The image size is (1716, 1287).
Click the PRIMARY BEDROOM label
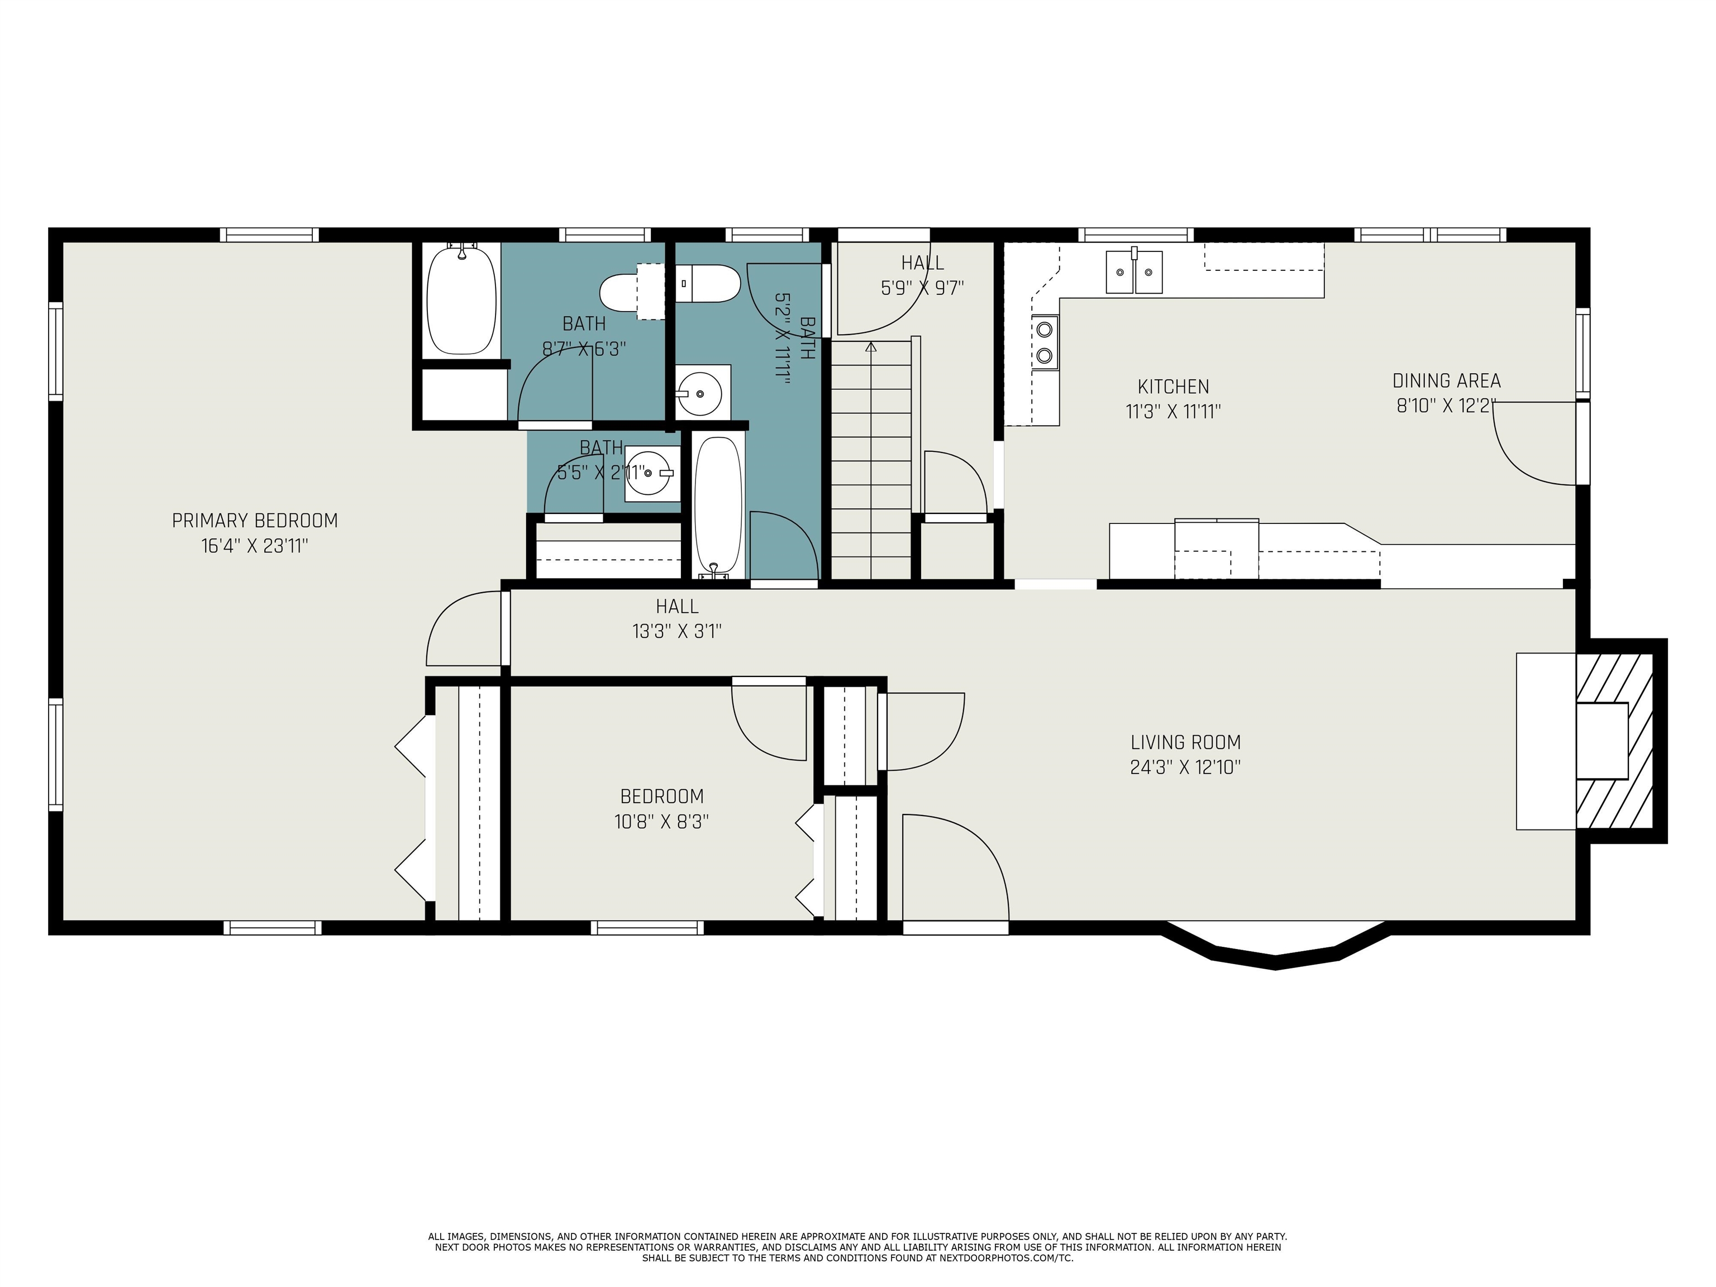[255, 521]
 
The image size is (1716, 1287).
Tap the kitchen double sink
[1133, 271]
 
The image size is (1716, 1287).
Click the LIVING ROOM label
[1185, 742]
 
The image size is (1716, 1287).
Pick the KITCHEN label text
[1173, 387]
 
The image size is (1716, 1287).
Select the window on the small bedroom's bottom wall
[647, 927]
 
